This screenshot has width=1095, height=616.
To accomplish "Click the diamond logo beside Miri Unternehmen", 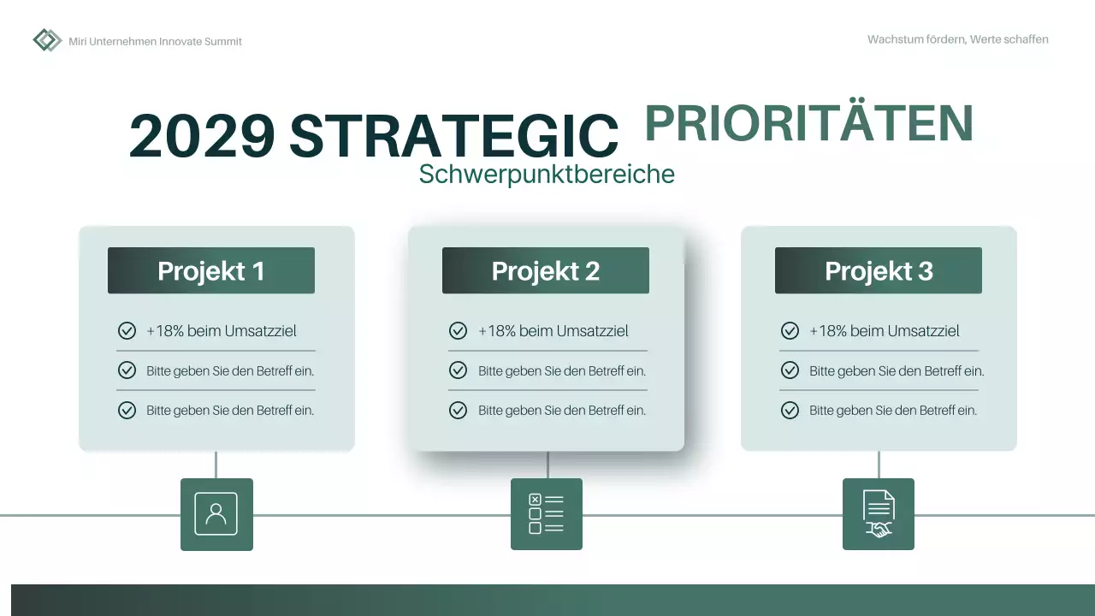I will (47, 40).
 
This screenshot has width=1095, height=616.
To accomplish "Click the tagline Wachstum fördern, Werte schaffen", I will (957, 39).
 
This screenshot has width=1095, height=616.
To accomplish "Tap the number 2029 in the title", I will (203, 136).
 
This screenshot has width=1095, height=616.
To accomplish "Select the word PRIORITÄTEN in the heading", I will (808, 123).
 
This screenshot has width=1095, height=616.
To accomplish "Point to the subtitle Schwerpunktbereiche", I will (547, 174).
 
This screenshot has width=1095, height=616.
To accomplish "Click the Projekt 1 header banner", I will (211, 270).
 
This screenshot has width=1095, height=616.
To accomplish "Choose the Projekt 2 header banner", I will (546, 270).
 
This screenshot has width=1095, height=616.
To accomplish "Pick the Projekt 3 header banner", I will (879, 270).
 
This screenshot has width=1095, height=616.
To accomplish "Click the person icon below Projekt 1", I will (216, 514).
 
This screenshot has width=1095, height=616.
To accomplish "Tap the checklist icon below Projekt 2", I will (547, 514).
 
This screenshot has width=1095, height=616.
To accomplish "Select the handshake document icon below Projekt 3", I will (879, 514).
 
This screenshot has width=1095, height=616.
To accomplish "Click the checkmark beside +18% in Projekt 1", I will (127, 331).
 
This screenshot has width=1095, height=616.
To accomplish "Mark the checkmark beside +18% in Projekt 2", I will (459, 331).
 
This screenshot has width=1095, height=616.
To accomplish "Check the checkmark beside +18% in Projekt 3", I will (790, 331).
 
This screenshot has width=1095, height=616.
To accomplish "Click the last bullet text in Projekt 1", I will (230, 411).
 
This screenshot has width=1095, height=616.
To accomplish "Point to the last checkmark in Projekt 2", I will (459, 411).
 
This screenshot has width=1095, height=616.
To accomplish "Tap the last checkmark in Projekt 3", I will (790, 411).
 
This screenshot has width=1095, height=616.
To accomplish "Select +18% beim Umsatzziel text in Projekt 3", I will (885, 331).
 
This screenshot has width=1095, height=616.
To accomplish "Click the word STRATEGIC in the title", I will (453, 136).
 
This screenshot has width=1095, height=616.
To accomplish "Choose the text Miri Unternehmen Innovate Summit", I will (155, 41).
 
